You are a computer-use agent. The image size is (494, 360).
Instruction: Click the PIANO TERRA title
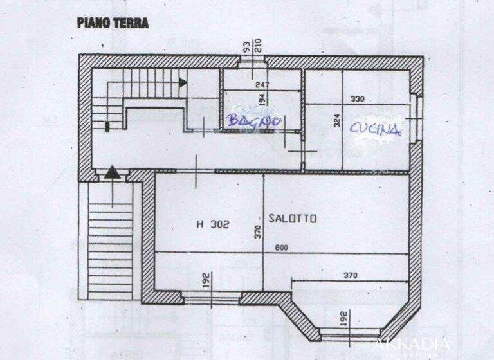(113, 23)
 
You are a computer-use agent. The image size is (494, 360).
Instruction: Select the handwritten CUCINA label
(375, 128)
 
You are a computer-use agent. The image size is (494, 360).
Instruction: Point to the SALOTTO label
(293, 219)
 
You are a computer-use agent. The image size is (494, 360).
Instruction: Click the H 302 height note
(213, 224)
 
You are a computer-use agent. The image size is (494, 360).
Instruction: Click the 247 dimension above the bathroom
(261, 84)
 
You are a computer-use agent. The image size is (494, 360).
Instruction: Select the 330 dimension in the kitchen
(358, 98)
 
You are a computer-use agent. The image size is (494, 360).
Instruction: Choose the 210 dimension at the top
(259, 46)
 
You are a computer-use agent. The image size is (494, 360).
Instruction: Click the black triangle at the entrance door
(112, 172)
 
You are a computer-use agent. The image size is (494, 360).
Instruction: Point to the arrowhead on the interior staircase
(183, 82)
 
